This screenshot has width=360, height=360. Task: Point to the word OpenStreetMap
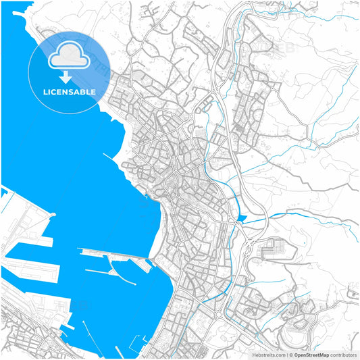click(311, 354)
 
